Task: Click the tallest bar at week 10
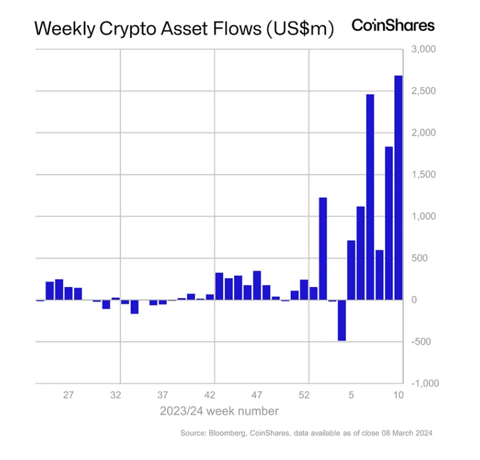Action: click(398, 187)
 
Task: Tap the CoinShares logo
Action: click(393, 26)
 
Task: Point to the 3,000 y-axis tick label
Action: click(424, 49)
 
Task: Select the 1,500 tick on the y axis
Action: click(424, 175)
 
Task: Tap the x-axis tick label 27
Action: click(69, 395)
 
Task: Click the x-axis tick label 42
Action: click(210, 395)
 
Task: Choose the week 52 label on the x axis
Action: click(304, 395)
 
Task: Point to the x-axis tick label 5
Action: click(351, 395)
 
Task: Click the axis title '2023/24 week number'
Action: click(219, 411)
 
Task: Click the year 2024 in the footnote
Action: click(424, 433)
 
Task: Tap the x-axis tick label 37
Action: click(163, 395)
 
